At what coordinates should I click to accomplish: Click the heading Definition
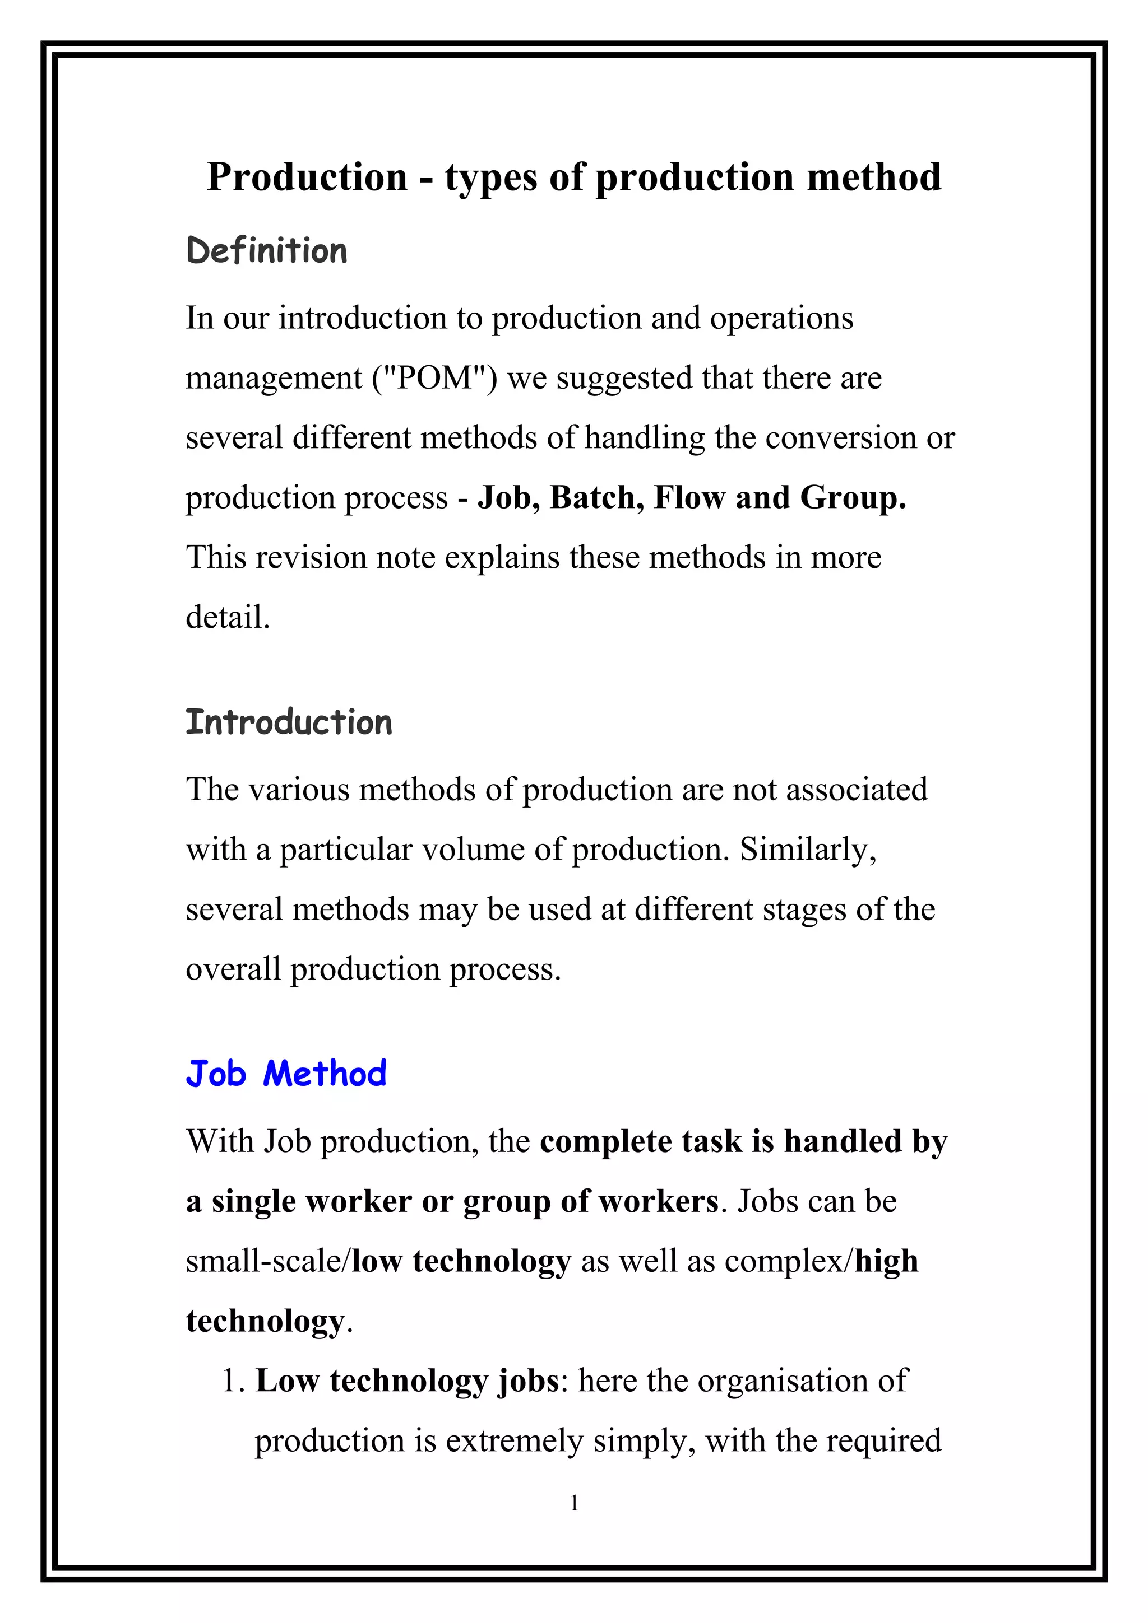(267, 251)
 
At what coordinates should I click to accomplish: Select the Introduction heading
(289, 722)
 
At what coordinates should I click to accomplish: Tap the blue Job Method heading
(286, 1074)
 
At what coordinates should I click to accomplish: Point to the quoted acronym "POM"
(434, 378)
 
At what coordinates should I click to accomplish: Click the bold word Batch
(596, 498)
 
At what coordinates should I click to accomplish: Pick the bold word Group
(853, 498)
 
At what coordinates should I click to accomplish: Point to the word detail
(228, 617)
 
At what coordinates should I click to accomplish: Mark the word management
(274, 378)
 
